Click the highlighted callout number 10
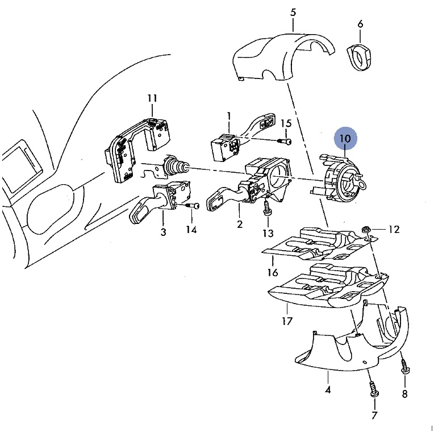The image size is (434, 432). click(x=345, y=138)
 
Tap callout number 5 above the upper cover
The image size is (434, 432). click(x=293, y=12)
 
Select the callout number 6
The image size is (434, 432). click(x=360, y=24)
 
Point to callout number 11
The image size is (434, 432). click(x=152, y=98)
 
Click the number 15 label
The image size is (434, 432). click(x=286, y=123)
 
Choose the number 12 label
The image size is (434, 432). click(x=394, y=229)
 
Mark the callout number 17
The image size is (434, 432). click(x=287, y=321)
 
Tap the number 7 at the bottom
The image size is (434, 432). click(x=374, y=416)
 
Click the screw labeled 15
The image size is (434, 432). click(x=285, y=142)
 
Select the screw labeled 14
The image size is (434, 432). click(x=193, y=206)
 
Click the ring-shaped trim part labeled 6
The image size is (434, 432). click(x=359, y=57)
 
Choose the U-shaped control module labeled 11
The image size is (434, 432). click(x=136, y=147)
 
